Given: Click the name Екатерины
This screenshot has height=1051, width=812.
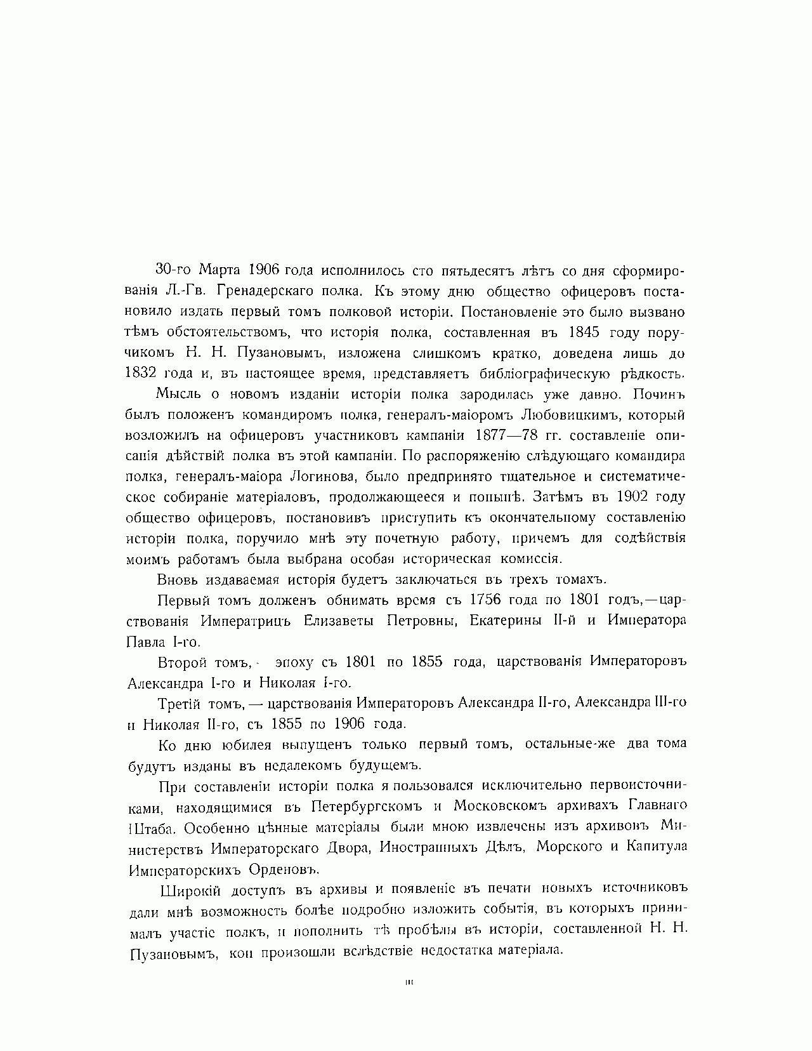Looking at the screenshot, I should tap(504, 621).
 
